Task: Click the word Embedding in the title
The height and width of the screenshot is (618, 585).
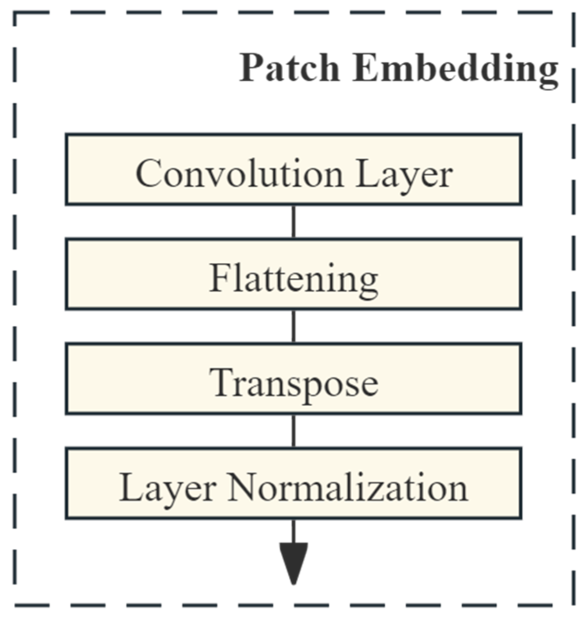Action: point(455,69)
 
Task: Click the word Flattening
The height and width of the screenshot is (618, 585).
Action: point(293,279)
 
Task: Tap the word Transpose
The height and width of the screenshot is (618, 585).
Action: point(293,384)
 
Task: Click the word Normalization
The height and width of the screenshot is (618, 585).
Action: point(348,487)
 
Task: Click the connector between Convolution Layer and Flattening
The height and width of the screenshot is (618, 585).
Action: point(293,222)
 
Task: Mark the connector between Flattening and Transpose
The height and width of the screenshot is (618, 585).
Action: point(293,326)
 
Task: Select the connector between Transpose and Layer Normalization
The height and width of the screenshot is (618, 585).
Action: point(293,431)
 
